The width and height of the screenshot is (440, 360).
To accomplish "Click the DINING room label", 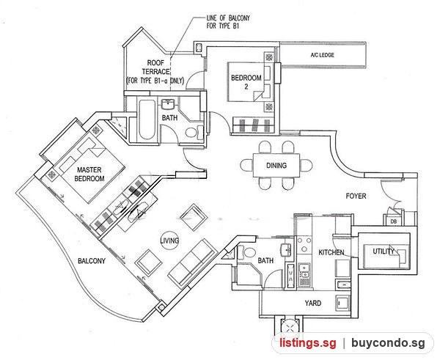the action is pyautogui.click(x=276, y=165).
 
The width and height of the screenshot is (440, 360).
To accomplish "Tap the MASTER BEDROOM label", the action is pyautogui.click(x=89, y=174).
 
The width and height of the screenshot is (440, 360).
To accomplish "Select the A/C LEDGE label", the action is pyautogui.click(x=323, y=55).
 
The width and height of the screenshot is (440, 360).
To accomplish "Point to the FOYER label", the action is pyautogui.click(x=356, y=196).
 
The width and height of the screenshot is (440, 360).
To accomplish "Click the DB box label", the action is pyautogui.click(x=394, y=221).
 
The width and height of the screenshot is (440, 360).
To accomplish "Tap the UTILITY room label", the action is pyautogui.click(x=384, y=251).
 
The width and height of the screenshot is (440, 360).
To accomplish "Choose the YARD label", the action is pyautogui.click(x=313, y=303).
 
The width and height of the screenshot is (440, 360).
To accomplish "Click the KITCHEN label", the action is pyautogui.click(x=331, y=252).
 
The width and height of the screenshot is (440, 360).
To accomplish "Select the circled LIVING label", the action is pyautogui.click(x=169, y=240).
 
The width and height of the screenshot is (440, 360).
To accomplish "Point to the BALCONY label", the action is pyautogui.click(x=92, y=261).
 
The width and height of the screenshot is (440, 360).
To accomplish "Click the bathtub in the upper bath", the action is pyautogui.click(x=147, y=120).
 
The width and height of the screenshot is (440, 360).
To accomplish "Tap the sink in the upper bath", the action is pyautogui.click(x=169, y=104).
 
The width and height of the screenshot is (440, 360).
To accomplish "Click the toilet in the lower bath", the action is pyautogui.click(x=246, y=252).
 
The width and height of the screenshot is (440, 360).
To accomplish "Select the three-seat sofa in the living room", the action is pyautogui.click(x=192, y=262).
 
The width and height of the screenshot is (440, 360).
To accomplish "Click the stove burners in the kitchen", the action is pyautogui.click(x=304, y=245).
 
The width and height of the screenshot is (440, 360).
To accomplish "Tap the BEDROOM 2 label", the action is pyautogui.click(x=246, y=82).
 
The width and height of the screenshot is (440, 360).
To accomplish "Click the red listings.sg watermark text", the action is pyautogui.click(x=308, y=343).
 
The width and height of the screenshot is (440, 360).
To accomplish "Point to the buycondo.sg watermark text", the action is pyautogui.click(x=388, y=343).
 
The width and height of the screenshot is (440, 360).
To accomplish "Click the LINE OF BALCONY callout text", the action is pyautogui.click(x=228, y=22).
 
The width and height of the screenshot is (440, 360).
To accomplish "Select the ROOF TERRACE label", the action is pyautogui.click(x=155, y=72).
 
